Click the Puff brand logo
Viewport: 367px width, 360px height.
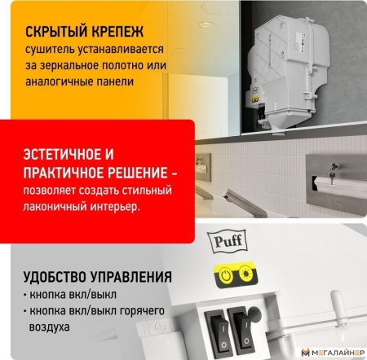[x=224, y=242]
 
